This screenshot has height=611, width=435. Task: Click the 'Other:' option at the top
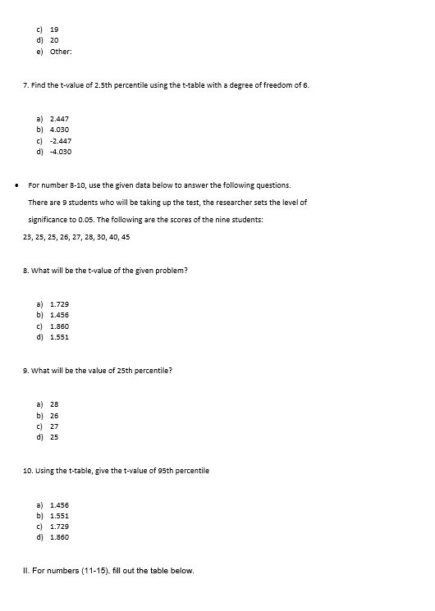(x=62, y=51)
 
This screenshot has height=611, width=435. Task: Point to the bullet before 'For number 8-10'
(x=16, y=185)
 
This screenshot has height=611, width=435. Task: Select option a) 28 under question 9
(x=54, y=404)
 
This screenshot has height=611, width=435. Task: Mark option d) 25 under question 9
(x=54, y=436)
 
